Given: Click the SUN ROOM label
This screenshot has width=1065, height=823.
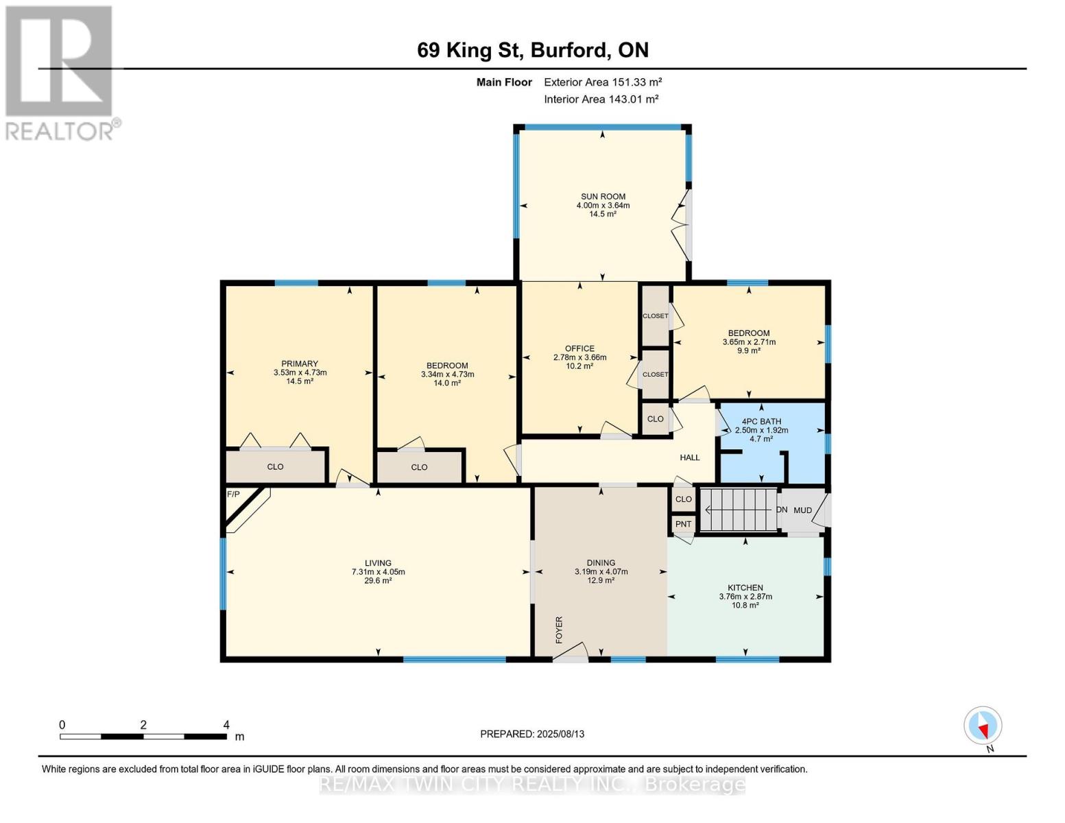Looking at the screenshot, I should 603,196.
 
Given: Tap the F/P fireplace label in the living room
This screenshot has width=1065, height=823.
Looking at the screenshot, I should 233,494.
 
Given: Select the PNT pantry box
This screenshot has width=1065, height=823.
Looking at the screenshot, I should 683,524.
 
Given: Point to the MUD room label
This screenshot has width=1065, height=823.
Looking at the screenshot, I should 802,510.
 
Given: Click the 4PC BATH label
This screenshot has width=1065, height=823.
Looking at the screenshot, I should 761,421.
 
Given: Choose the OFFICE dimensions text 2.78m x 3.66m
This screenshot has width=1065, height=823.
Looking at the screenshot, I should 579,357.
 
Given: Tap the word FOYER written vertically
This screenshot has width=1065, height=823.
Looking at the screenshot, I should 559,630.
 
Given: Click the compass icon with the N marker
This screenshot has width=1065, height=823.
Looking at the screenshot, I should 983,726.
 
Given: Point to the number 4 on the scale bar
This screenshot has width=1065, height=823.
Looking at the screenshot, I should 226,725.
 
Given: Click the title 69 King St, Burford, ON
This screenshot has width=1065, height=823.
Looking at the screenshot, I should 533,50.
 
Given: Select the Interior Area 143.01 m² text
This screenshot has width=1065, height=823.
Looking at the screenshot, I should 601,99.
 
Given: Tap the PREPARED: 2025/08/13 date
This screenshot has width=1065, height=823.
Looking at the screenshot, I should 532,734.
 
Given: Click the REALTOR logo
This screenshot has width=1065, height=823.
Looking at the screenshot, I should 60,72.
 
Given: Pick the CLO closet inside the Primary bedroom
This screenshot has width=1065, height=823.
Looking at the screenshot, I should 275,466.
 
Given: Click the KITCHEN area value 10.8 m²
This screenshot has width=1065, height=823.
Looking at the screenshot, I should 745,605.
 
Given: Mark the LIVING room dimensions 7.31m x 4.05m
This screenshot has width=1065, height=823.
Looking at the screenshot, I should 378,571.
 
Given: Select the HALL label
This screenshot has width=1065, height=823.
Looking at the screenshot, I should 689,457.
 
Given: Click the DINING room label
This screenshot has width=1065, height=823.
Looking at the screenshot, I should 601,562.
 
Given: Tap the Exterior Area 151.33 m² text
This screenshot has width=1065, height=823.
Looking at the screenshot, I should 603,82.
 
